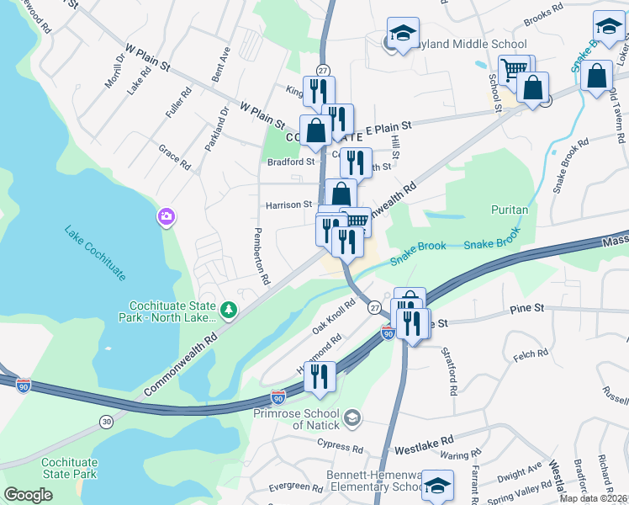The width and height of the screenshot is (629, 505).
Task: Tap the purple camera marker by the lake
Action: [166, 218]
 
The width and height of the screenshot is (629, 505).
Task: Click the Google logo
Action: [29, 495]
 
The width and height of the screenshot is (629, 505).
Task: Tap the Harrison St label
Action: [289, 205]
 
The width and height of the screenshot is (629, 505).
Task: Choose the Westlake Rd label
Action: [424, 439]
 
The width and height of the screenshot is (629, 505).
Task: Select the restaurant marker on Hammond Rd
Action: [320, 377]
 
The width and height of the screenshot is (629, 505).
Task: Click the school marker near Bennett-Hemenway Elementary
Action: [437, 486]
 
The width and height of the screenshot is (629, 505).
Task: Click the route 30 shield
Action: [104, 421]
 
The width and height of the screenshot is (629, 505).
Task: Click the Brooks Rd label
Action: [542, 11]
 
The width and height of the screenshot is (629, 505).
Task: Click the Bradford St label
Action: [290, 162]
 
